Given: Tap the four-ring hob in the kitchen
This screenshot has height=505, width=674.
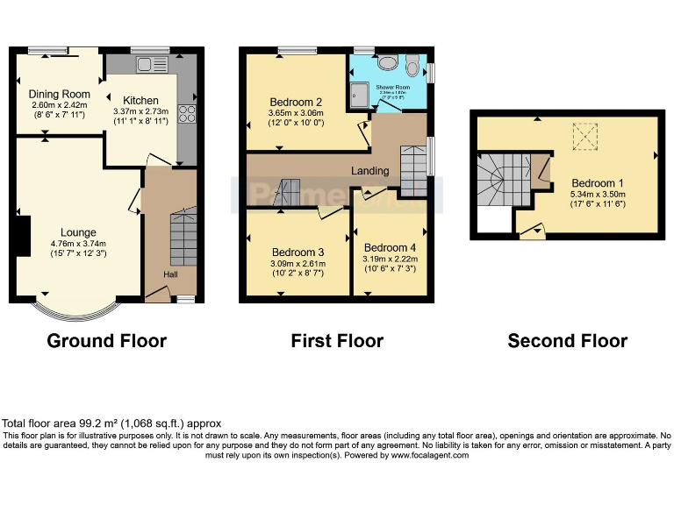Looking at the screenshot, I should pyautogui.click(x=187, y=113).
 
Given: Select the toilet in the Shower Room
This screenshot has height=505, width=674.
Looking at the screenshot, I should pyautogui.click(x=412, y=63).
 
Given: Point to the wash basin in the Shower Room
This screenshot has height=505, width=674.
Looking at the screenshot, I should pyautogui.click(x=384, y=63).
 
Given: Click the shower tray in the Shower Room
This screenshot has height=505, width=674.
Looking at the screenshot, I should pyautogui.click(x=361, y=95).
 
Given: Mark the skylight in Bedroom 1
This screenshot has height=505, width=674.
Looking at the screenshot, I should pyautogui.click(x=583, y=136).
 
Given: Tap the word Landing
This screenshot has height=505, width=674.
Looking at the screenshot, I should pyautogui.click(x=370, y=170).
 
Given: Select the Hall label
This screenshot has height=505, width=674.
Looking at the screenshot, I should pyautogui.click(x=170, y=274).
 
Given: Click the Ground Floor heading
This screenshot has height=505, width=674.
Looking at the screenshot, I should pyautogui.click(x=106, y=340).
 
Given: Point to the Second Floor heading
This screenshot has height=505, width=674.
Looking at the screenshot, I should pyautogui.click(x=567, y=340).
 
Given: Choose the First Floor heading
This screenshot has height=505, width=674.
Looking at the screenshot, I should pyautogui.click(x=337, y=340).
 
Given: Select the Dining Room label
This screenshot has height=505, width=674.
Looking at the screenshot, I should pyautogui.click(x=60, y=94).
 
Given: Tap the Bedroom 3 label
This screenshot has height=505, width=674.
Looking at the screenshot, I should pyautogui.click(x=298, y=252).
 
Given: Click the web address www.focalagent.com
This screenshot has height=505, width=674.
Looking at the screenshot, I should pyautogui.click(x=429, y=455).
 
